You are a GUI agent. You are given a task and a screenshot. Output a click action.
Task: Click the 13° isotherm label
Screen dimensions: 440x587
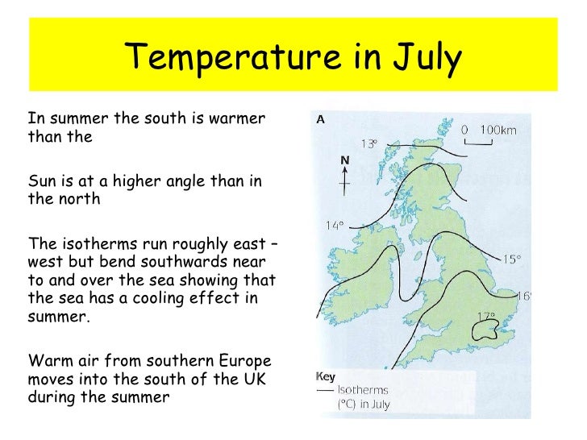click(369, 144)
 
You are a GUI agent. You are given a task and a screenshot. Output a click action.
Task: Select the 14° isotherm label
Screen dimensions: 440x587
click(335, 226)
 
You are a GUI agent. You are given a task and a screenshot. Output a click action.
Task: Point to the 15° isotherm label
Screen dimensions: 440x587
click(512, 259)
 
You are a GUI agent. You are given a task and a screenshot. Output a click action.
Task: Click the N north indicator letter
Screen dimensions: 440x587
click(344, 161)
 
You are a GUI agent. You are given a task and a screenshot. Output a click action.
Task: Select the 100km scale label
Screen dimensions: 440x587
click(497, 130)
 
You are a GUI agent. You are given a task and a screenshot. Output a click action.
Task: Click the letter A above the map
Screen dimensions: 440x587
click(320, 120)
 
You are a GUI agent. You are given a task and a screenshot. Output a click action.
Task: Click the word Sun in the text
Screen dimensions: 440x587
click(40, 181)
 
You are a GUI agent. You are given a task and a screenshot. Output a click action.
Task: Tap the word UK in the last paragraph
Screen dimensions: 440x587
click(259, 378)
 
